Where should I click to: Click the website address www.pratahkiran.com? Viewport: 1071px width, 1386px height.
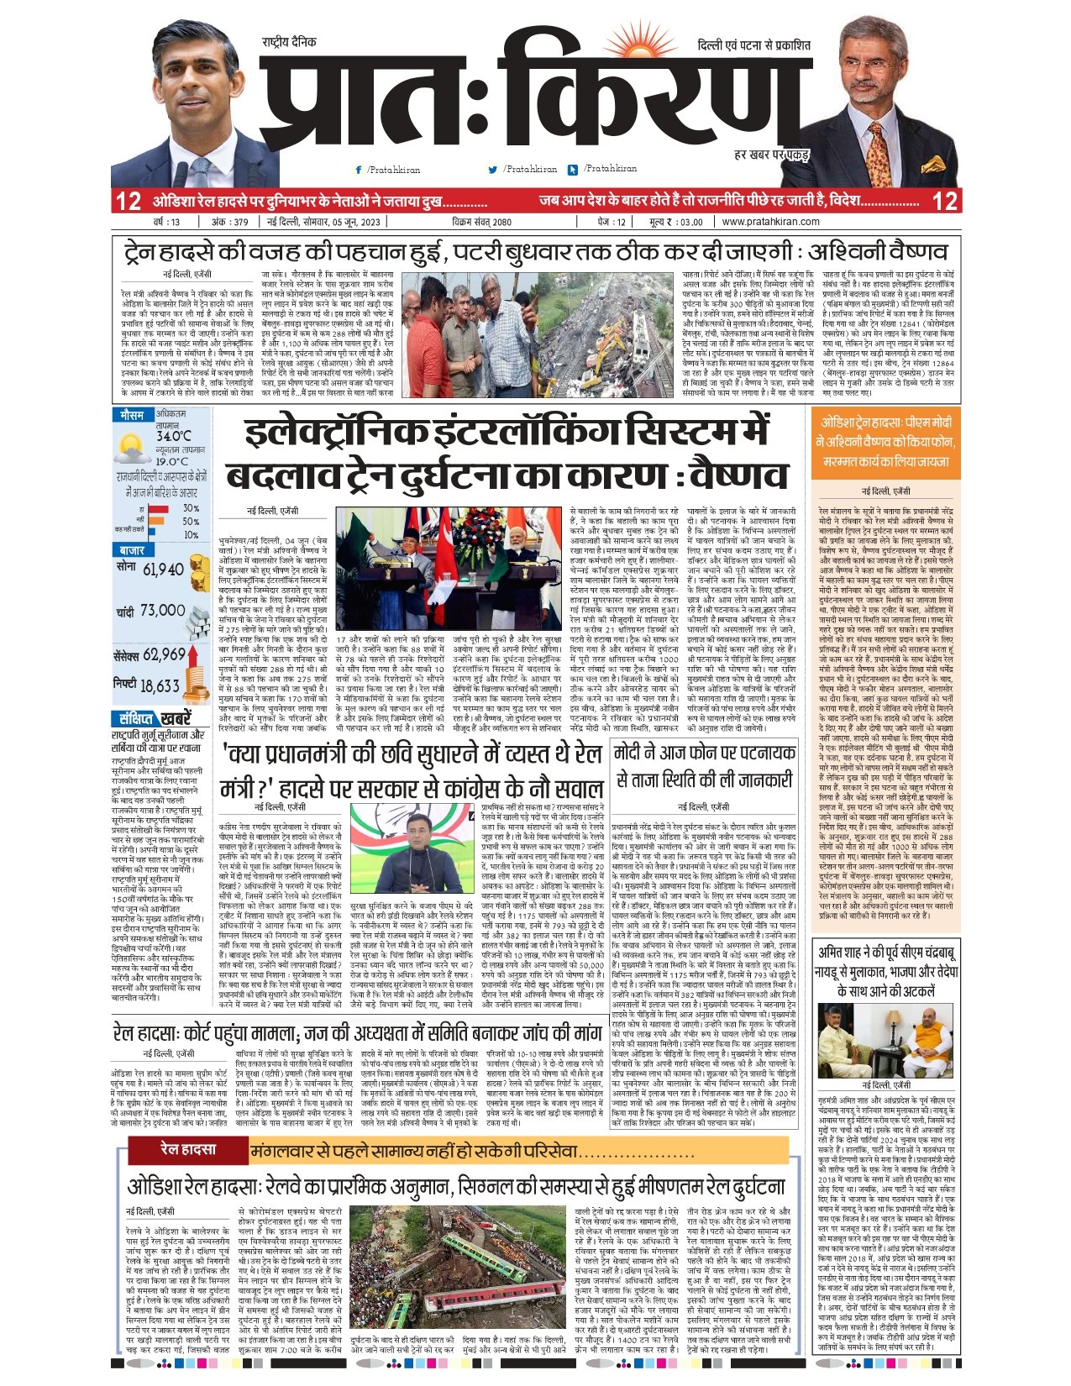(770, 222)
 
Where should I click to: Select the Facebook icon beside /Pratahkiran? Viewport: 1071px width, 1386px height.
(359, 171)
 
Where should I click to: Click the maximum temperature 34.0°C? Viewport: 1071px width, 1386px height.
(174, 436)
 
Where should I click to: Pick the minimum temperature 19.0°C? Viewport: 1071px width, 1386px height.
(172, 461)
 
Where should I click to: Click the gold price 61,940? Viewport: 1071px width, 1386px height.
(163, 570)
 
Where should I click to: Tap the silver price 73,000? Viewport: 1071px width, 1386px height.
(162, 611)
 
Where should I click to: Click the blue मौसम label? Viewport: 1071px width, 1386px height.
(132, 415)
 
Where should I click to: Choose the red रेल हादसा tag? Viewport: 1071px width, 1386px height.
(188, 1149)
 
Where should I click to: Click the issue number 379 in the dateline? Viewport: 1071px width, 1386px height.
(240, 222)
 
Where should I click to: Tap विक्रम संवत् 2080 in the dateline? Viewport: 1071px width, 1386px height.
(480, 222)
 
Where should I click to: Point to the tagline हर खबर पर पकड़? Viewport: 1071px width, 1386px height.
(770, 156)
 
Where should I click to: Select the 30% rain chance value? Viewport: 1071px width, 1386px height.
(191, 508)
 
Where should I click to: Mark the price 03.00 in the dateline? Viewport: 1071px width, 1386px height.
(690, 222)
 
